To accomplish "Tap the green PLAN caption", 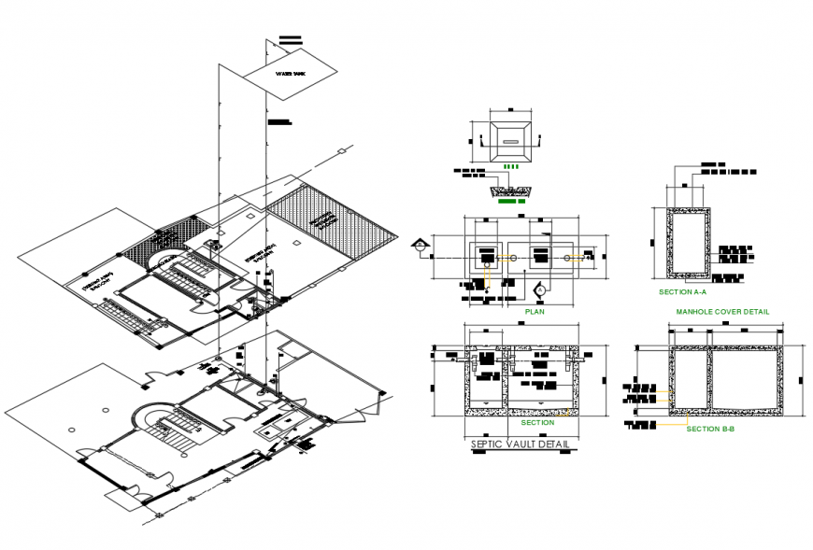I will pyautogui.click(x=535, y=312).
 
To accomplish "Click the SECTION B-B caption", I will pyautogui.click(x=711, y=429).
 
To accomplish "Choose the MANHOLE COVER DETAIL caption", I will pyautogui.click(x=722, y=312).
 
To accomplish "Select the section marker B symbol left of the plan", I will pyautogui.click(x=421, y=246).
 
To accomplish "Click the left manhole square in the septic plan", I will pyautogui.click(x=486, y=255).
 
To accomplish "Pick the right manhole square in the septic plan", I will pyautogui.click(x=542, y=255).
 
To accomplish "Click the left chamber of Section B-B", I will pyautogui.click(x=690, y=378).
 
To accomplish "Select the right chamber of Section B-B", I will pyautogui.click(x=744, y=378).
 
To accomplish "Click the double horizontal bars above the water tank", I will pyautogui.click(x=291, y=40).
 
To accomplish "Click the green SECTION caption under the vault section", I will pyautogui.click(x=537, y=423).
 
